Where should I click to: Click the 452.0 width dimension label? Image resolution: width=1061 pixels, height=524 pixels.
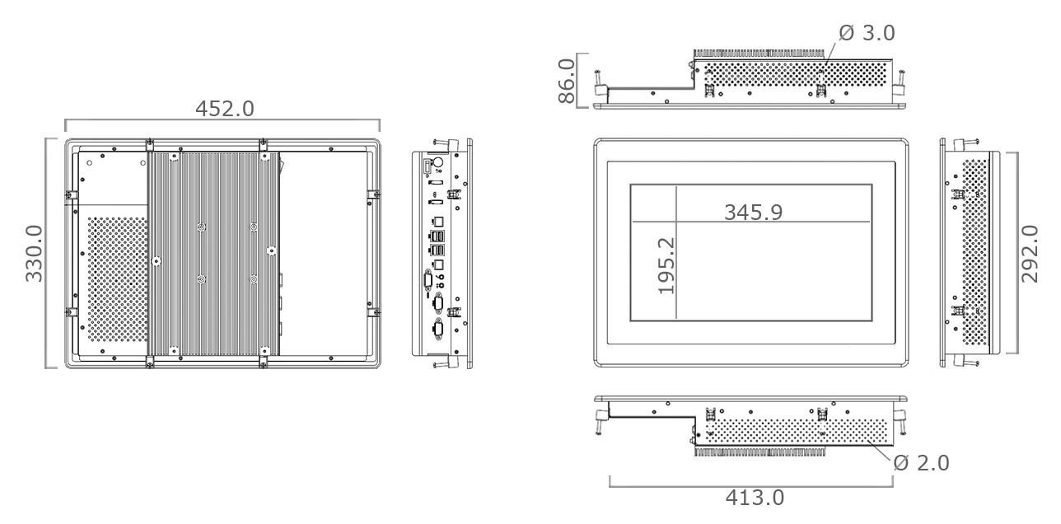click(x=224, y=109)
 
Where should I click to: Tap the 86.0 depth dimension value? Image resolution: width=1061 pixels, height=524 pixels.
click(x=567, y=80)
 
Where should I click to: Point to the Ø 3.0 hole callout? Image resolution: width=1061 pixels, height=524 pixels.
click(x=866, y=33)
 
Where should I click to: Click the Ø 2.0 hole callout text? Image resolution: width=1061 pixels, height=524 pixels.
click(x=921, y=463)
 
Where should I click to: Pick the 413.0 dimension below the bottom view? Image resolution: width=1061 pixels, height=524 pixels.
click(x=755, y=498)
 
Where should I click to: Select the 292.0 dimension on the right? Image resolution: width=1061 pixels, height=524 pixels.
click(x=1030, y=252)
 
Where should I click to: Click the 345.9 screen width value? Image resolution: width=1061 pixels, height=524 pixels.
click(x=753, y=212)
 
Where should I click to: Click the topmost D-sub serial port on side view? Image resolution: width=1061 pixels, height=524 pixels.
click(x=429, y=282)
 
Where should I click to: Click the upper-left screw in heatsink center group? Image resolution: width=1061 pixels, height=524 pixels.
click(x=202, y=227)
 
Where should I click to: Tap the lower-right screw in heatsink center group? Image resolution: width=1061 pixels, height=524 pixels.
click(x=255, y=279)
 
